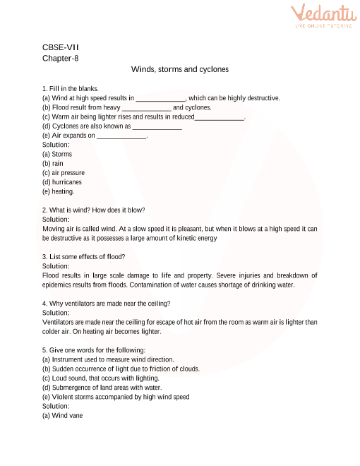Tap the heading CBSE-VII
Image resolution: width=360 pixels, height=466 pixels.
[x=61, y=47]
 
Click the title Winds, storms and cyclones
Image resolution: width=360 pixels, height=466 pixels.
[x=180, y=70]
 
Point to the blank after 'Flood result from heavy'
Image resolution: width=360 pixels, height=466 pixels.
[x=147, y=107]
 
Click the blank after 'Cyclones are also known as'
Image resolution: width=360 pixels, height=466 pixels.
[x=157, y=126]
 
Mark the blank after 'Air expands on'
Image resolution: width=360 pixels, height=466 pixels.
[x=121, y=136]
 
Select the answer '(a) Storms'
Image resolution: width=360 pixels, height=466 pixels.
[x=57, y=154]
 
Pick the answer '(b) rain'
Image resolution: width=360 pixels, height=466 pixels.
[x=53, y=163]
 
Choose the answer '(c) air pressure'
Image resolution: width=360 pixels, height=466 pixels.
[x=64, y=172]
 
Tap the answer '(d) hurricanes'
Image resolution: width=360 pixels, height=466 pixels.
[x=62, y=182]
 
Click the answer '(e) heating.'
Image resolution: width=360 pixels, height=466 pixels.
[x=58, y=191]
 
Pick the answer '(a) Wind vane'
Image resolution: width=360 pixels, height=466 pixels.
[x=62, y=416]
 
